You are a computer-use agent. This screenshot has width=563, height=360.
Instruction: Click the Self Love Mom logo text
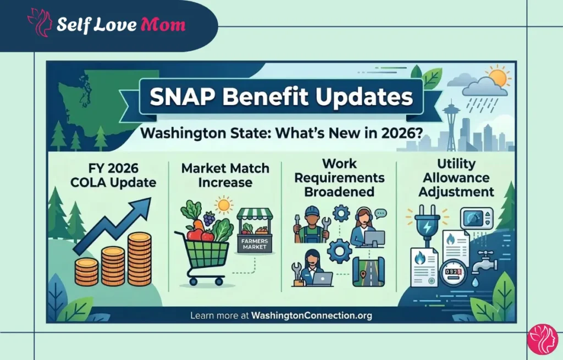[x=120, y=25]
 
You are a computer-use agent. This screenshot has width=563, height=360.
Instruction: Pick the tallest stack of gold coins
[x=139, y=258]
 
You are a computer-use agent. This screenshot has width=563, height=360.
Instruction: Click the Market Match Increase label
[x=225, y=175]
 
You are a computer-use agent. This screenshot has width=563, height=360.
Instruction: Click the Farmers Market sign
[x=254, y=243]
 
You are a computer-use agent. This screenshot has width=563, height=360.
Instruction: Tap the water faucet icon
[x=484, y=261]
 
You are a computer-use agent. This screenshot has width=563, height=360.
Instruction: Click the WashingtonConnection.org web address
[x=311, y=315]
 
